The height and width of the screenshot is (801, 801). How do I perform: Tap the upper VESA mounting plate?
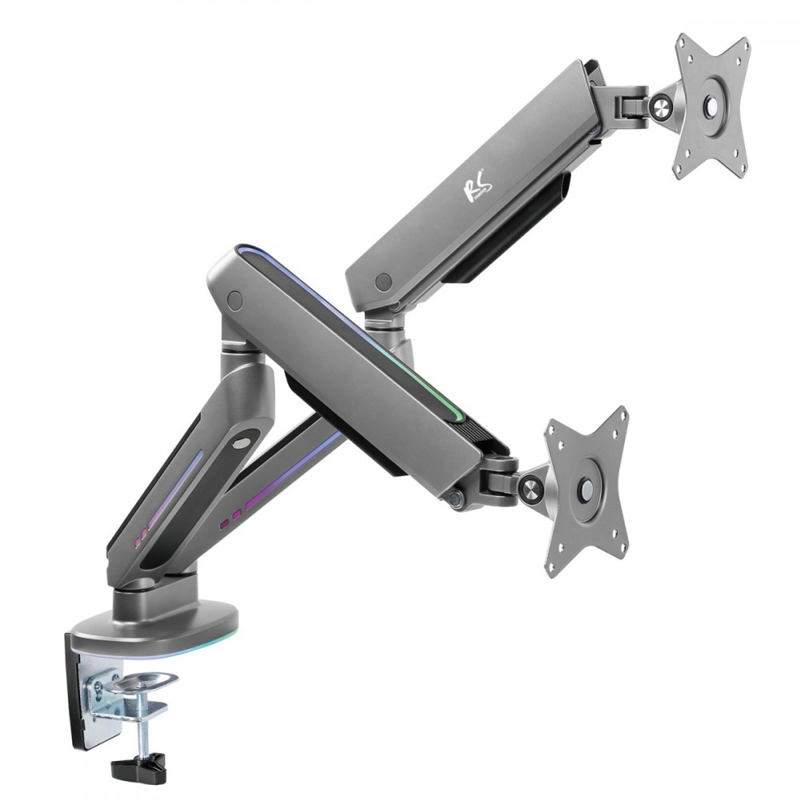coord(711,108)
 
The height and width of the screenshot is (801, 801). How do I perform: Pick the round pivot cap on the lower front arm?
coord(235,300)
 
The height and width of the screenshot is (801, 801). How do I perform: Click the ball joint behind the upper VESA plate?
coord(662,104)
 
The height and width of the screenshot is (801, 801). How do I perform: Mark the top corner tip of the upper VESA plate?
coord(685,40)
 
